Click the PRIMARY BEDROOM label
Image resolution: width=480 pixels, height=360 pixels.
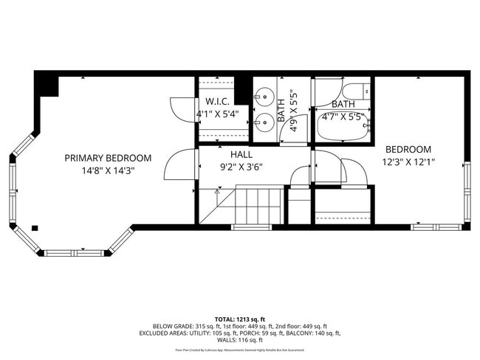pyautogui.click(x=108, y=158)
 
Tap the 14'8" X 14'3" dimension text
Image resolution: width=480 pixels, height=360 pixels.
pyautogui.click(x=108, y=170)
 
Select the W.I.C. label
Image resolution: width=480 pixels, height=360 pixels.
pyautogui.click(x=217, y=101)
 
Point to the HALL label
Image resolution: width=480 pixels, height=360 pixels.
pyautogui.click(x=241, y=155)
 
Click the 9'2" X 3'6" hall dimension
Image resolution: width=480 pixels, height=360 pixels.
pyautogui.click(x=241, y=167)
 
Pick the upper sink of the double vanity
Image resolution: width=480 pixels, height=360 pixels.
pyautogui.click(x=263, y=96)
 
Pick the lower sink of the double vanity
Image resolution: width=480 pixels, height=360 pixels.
pyautogui.click(x=263, y=123)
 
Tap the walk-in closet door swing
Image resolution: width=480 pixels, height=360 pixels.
pyautogui.click(x=182, y=109)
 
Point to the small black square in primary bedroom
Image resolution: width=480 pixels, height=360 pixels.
pyautogui.click(x=34, y=228)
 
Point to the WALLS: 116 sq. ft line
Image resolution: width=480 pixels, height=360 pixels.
pyautogui.click(x=240, y=340)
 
